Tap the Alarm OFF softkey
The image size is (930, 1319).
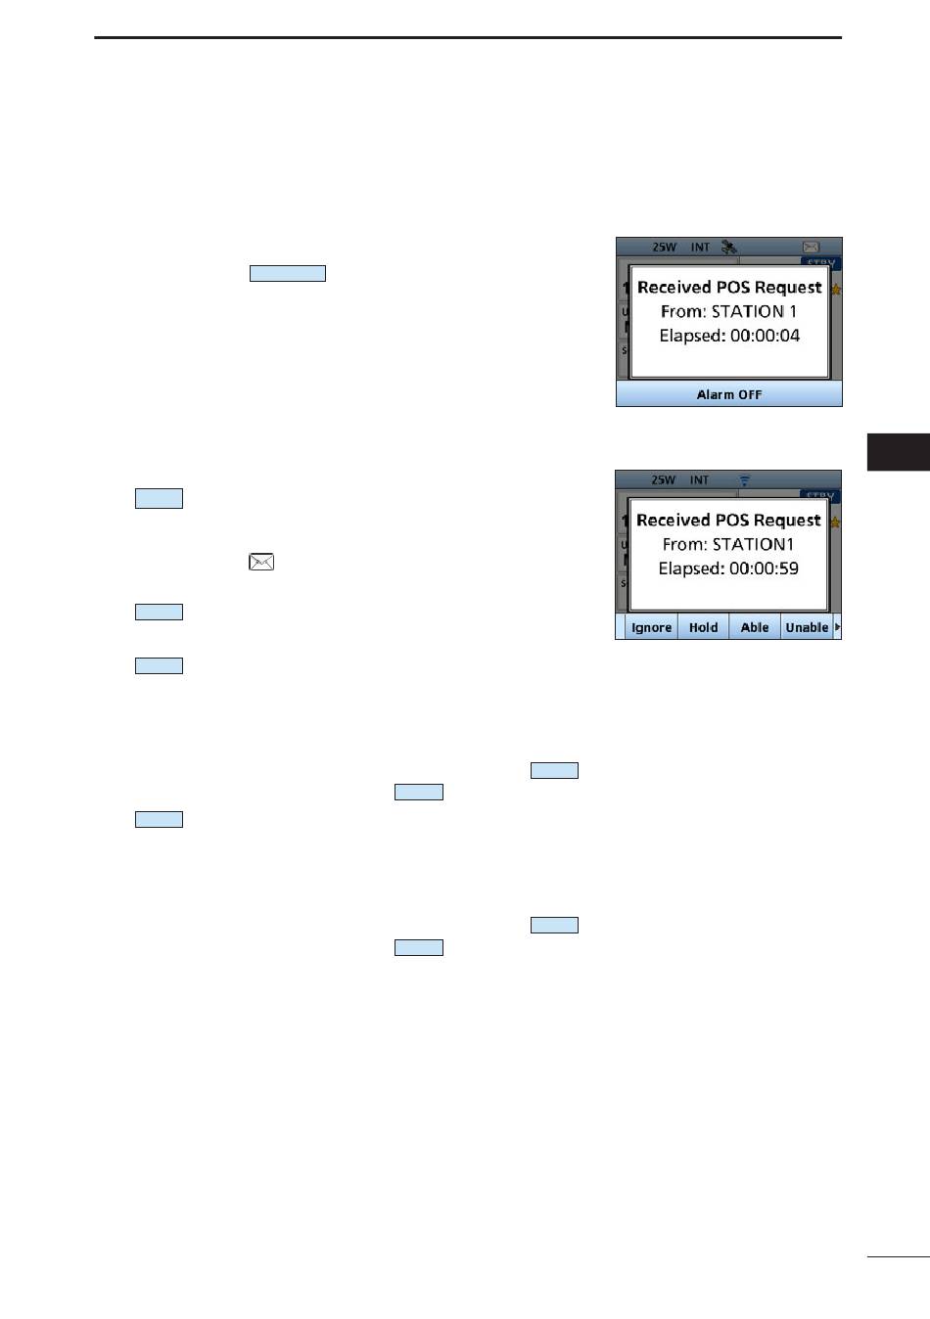(x=728, y=394)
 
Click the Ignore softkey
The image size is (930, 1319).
(x=651, y=627)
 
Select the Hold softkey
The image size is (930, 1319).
(x=703, y=627)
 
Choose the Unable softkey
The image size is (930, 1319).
(x=807, y=627)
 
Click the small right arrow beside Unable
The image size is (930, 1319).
(x=838, y=626)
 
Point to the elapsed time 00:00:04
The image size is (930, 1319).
(x=765, y=336)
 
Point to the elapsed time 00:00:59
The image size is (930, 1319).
(x=764, y=569)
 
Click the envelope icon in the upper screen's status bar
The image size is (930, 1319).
(x=811, y=248)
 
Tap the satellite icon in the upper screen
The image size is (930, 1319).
(x=728, y=248)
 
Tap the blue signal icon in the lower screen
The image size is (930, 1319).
(x=745, y=480)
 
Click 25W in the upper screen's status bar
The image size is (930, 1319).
(x=664, y=248)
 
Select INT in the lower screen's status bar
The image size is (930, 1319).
(x=699, y=480)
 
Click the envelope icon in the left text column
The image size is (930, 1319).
(x=261, y=562)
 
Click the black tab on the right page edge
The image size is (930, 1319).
(x=898, y=452)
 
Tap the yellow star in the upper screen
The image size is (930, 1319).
(x=835, y=290)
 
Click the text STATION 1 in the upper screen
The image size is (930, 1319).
(x=754, y=311)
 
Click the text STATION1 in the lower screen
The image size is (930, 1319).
(x=753, y=544)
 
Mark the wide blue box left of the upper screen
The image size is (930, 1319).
(x=288, y=273)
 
